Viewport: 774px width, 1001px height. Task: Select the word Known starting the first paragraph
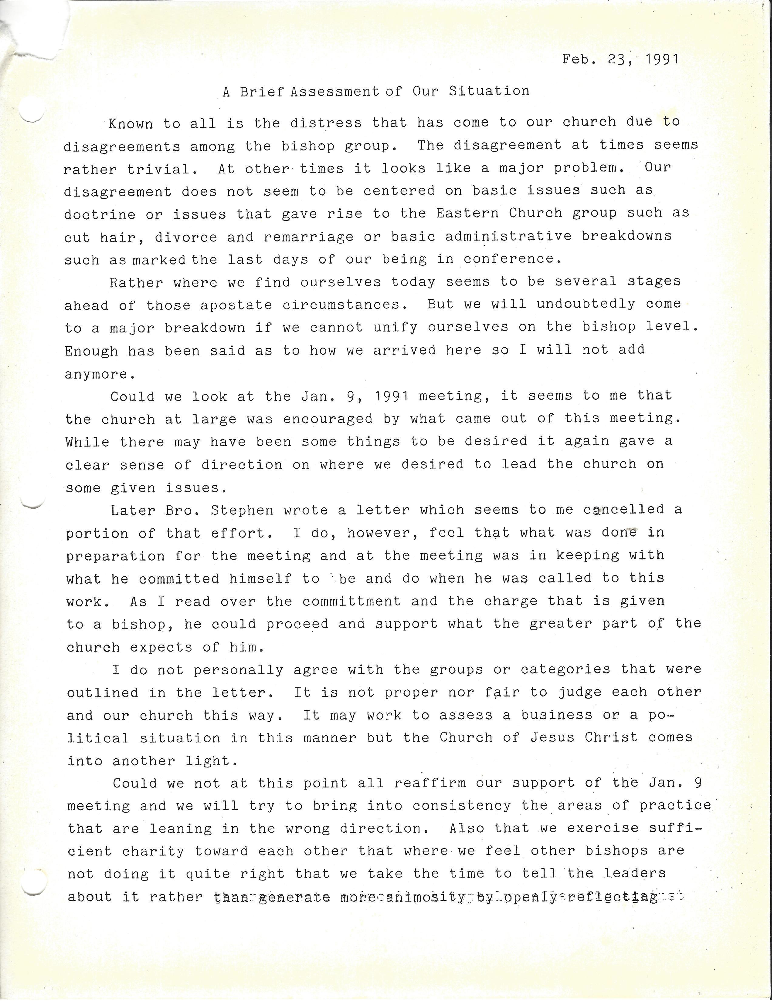click(x=131, y=124)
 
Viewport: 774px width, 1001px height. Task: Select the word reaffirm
click(x=429, y=783)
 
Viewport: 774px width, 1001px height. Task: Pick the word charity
click(x=153, y=851)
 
